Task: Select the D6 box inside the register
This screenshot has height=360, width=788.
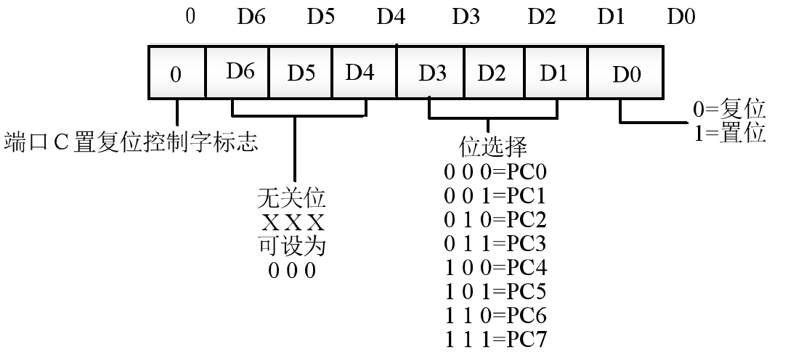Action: [x=238, y=73]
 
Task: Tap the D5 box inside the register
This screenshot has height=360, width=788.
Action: [x=301, y=73]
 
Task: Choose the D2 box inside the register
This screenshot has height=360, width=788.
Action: [x=492, y=73]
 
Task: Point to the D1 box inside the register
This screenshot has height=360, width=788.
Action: [x=555, y=73]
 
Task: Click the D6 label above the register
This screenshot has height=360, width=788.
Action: [x=251, y=17]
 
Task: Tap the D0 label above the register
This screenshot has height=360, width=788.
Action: [x=681, y=17]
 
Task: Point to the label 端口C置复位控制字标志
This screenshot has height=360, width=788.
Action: [x=131, y=142]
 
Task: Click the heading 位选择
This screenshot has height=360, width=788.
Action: [x=493, y=147]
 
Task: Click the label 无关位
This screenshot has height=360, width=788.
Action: [x=291, y=197]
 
